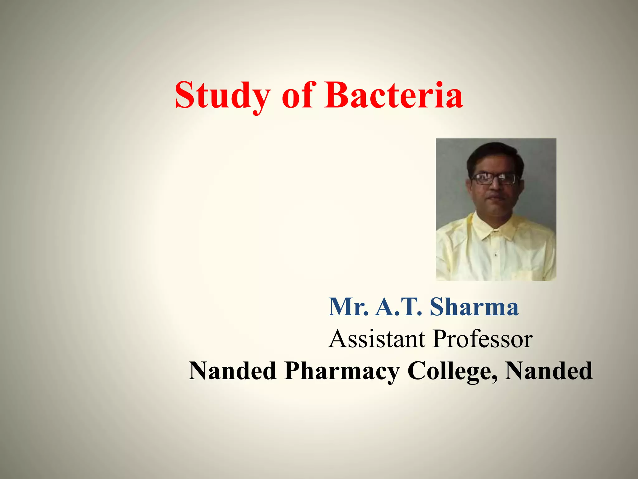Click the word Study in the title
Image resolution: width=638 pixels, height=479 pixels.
(x=222, y=95)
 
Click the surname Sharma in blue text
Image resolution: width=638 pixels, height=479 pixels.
(x=474, y=307)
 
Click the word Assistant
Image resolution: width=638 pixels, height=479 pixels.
(x=377, y=339)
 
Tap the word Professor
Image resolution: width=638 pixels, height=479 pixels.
(x=483, y=339)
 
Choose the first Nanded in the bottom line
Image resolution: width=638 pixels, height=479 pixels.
(x=232, y=371)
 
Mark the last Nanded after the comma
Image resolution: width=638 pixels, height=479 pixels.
(x=549, y=371)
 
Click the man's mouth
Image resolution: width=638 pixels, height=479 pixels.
(x=496, y=198)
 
